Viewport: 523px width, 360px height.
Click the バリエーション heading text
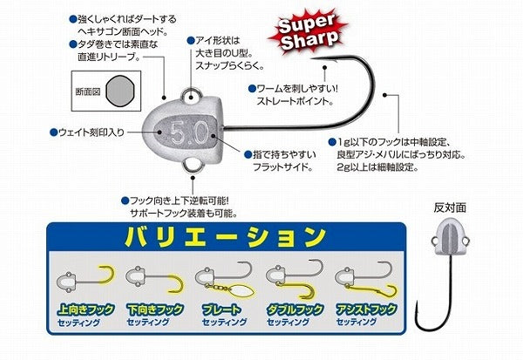[x=228, y=235]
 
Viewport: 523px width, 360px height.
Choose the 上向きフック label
[x=82, y=310]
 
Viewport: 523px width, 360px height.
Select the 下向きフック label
[x=148, y=310]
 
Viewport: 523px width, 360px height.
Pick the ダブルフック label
[x=287, y=310]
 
